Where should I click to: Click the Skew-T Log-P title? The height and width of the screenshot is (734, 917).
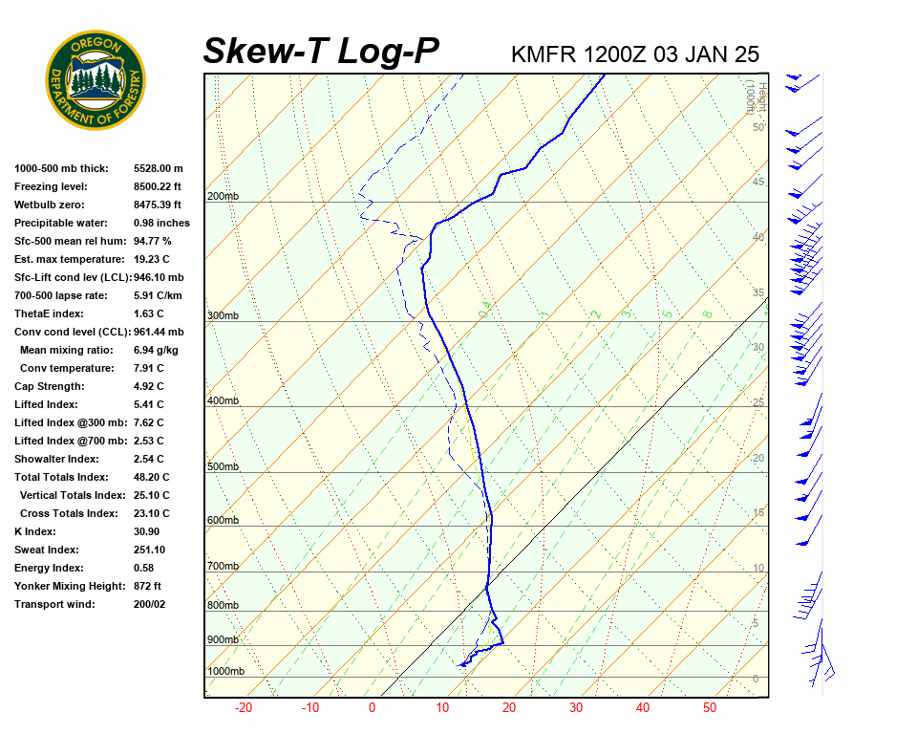[x=321, y=52]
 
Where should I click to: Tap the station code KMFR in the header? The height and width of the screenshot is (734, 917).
[x=544, y=54]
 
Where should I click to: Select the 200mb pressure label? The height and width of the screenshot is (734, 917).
[x=222, y=197]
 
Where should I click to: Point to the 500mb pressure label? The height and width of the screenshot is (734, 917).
[x=222, y=466]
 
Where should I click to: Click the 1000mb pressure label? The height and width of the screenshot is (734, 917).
[x=225, y=671]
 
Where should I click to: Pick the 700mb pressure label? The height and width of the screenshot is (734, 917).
[x=222, y=566]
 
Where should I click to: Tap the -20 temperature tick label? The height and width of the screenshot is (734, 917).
[x=244, y=708]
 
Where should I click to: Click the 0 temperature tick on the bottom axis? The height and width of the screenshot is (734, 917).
[x=372, y=708]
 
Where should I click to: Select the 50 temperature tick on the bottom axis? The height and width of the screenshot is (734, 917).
[x=710, y=708]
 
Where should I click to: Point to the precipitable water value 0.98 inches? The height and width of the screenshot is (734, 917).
[x=161, y=223]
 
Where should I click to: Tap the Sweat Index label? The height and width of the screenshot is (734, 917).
[x=46, y=550]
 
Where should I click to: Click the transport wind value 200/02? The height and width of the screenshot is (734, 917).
[x=150, y=604]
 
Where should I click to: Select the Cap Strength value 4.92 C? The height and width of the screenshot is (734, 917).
[x=149, y=386]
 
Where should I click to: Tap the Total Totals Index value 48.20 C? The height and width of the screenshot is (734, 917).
[x=152, y=477]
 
